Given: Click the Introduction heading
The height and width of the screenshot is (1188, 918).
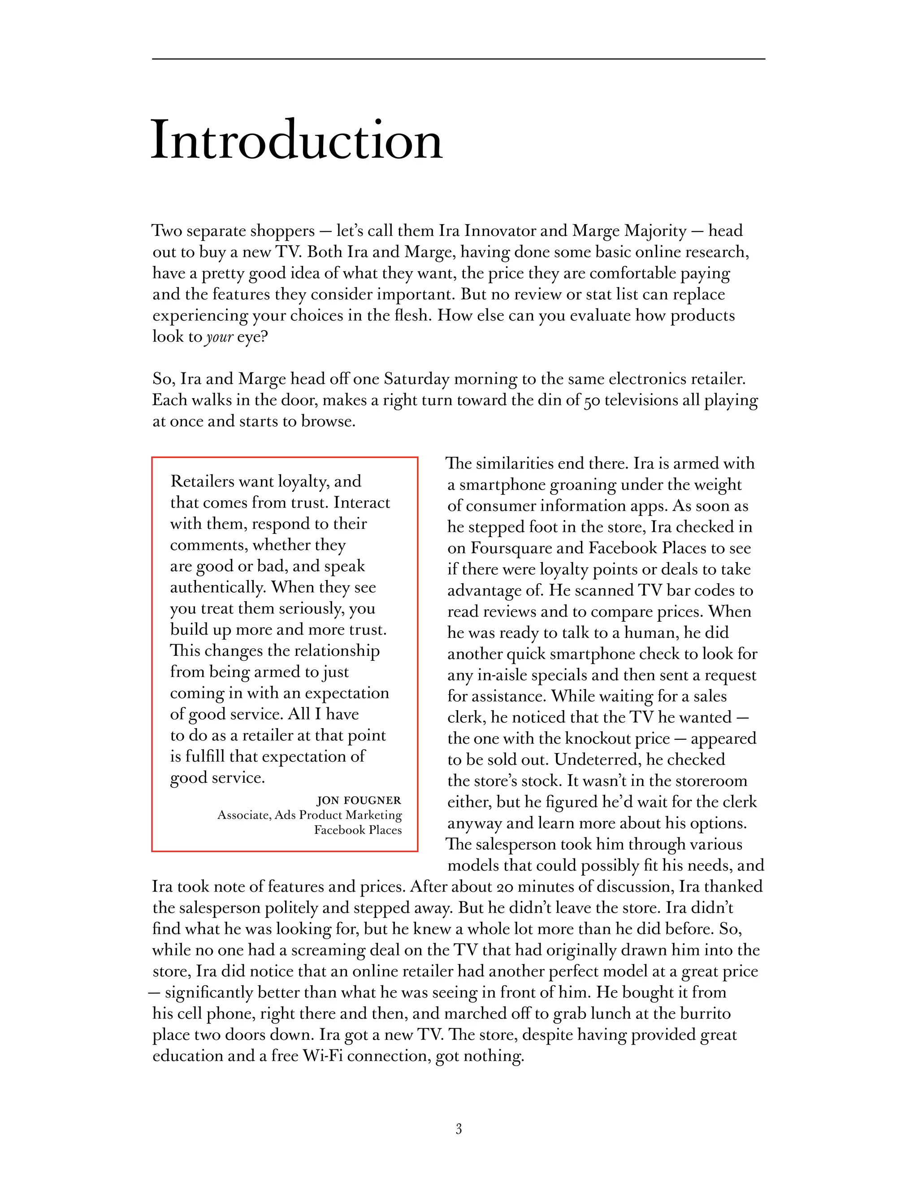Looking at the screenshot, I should click(x=296, y=140).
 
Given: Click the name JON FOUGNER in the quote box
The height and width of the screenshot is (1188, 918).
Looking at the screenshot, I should click(x=359, y=800).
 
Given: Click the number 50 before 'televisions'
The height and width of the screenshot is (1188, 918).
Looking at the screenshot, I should click(x=591, y=401).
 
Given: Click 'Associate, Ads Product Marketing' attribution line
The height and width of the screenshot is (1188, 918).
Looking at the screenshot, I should click(x=309, y=815).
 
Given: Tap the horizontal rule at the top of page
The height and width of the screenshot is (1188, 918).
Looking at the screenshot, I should click(x=459, y=59).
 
